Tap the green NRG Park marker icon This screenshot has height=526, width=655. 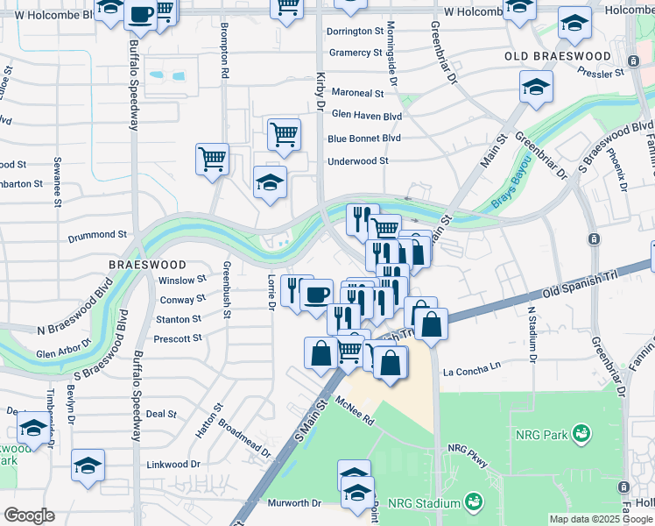(581, 433)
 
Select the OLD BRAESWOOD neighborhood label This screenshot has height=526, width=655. (558, 56)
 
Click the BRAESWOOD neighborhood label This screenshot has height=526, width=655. (147, 264)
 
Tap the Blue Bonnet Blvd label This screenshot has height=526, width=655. (364, 139)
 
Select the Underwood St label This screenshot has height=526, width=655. (357, 161)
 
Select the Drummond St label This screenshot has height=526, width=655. (99, 235)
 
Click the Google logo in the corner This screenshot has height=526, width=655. (29, 515)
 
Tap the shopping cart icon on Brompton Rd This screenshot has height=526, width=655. (212, 160)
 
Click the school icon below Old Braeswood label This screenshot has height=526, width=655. (536, 87)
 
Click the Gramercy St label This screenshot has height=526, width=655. (356, 53)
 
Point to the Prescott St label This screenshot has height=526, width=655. (179, 338)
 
